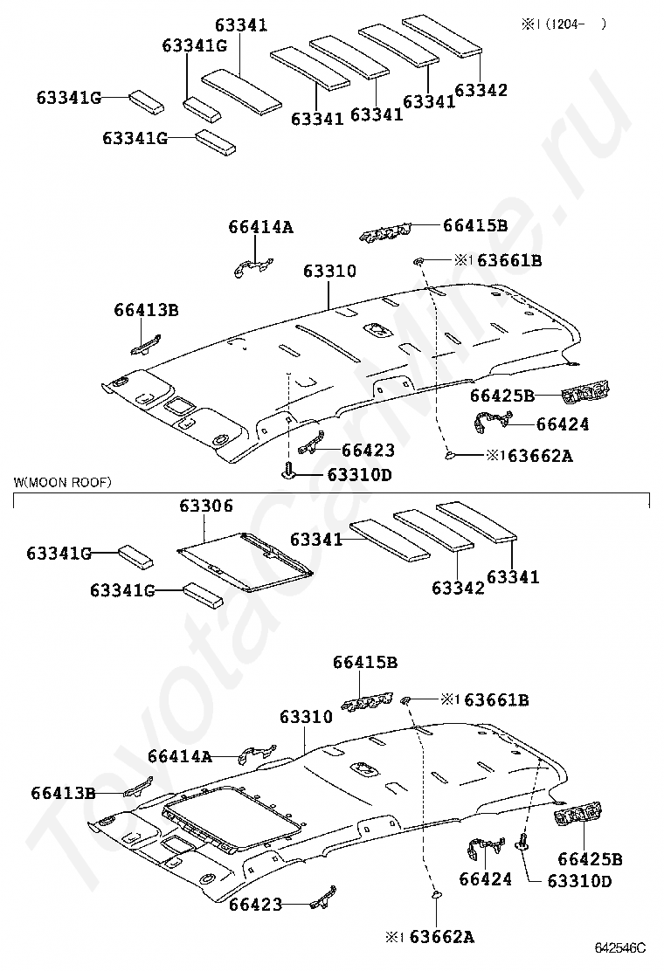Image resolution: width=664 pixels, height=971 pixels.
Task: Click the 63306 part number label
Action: [x=206, y=506]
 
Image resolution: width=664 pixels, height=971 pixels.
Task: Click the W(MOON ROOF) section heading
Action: [x=62, y=481]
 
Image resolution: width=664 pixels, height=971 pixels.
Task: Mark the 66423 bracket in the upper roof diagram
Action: [x=310, y=444]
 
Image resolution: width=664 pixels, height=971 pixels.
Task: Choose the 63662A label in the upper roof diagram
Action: [x=539, y=455]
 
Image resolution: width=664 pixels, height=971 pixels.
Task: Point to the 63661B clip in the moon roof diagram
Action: [x=407, y=699]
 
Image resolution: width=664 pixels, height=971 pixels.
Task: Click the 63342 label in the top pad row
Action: [x=481, y=89]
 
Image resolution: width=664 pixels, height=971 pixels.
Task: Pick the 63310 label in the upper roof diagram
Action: [x=329, y=272]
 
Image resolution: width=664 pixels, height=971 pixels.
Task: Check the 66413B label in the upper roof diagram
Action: [x=146, y=309]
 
